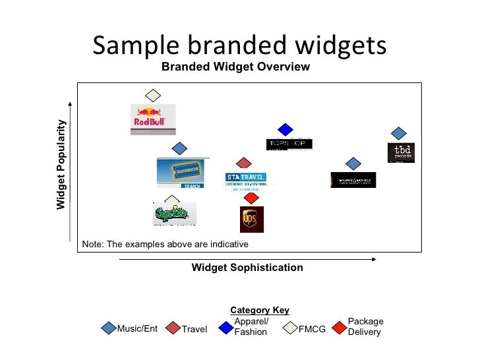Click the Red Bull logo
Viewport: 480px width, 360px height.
point(153,119)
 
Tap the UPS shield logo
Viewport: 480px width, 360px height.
point(251,219)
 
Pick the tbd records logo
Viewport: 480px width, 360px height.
point(401,152)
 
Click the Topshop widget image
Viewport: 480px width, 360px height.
point(289,144)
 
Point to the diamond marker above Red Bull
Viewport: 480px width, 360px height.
point(153,96)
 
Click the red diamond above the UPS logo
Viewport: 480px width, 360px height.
point(251,198)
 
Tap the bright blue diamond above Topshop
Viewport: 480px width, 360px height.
point(285,129)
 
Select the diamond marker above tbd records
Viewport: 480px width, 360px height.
point(398,133)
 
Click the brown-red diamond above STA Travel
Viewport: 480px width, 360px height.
point(244,163)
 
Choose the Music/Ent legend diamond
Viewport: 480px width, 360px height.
point(109,328)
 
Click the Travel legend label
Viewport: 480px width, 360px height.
point(195,329)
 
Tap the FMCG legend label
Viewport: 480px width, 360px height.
point(312,329)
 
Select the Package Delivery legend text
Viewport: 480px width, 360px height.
point(365,327)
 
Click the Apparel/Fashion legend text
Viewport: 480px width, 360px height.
point(251,327)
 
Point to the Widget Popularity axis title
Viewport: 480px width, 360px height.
point(61,165)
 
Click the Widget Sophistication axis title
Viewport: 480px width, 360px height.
point(247,268)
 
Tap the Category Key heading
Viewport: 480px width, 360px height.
point(259,311)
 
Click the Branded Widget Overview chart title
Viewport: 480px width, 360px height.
point(235,67)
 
